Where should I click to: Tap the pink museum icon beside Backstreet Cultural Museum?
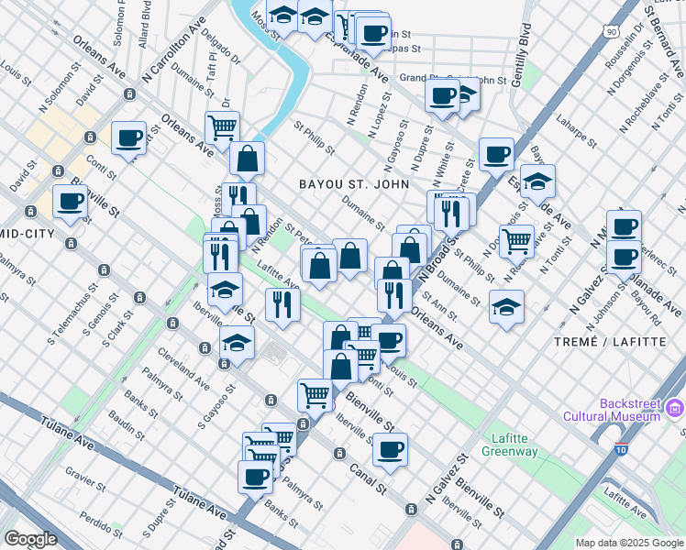(676, 407)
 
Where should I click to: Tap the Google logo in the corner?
(30, 539)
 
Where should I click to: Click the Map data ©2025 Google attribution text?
(629, 543)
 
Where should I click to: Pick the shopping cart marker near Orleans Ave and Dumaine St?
(221, 128)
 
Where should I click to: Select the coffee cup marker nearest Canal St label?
(391, 450)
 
